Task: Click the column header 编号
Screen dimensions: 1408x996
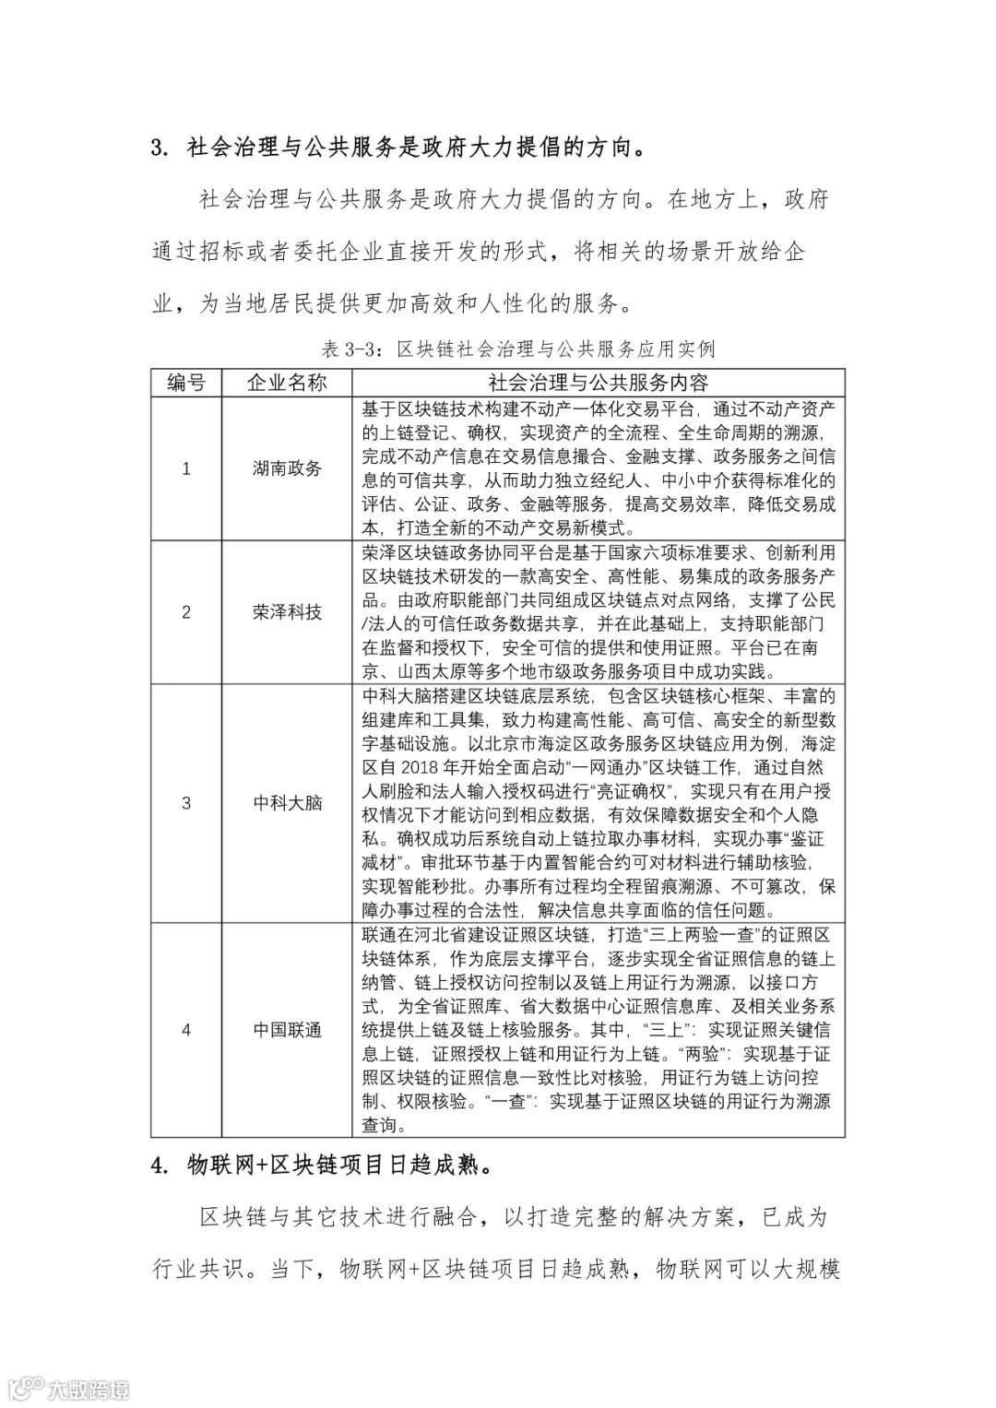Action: click(x=186, y=383)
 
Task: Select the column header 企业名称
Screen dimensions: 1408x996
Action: click(x=287, y=383)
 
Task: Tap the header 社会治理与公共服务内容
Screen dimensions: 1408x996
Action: click(x=598, y=383)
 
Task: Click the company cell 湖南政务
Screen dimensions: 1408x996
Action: click(x=287, y=468)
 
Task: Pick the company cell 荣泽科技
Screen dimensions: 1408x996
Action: click(x=287, y=612)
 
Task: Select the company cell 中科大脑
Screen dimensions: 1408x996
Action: click(x=287, y=803)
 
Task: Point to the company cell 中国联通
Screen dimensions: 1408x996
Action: click(x=287, y=1030)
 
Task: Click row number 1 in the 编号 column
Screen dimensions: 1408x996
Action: click(x=186, y=468)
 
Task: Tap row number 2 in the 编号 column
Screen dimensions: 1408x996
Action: click(x=186, y=612)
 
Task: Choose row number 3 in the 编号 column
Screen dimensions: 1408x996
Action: click(x=186, y=803)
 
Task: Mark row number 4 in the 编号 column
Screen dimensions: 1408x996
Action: click(x=186, y=1030)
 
